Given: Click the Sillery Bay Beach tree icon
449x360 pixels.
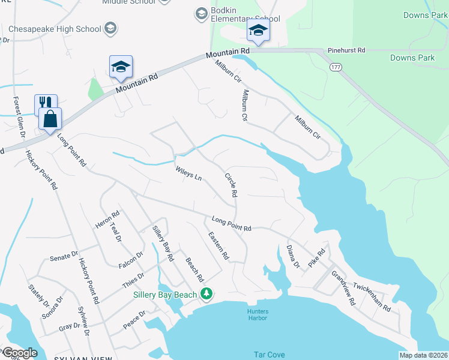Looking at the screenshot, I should (x=207, y=293).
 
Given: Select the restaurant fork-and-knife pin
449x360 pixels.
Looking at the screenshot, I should (x=46, y=104).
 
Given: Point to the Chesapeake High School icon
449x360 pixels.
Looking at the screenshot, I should (x=110, y=28).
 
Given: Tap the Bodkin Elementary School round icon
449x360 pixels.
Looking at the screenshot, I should (x=201, y=13).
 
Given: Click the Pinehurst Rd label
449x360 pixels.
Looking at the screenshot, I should (x=346, y=51).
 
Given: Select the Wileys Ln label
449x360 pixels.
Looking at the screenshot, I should (x=188, y=175).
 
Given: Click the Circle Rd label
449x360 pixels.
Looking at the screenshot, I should (x=231, y=185).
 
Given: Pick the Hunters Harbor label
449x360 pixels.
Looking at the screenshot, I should (x=258, y=314).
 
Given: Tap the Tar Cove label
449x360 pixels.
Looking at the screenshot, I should (x=269, y=355).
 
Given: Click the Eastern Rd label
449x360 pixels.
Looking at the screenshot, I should (x=218, y=247).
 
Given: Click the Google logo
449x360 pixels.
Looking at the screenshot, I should (x=19, y=353).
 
